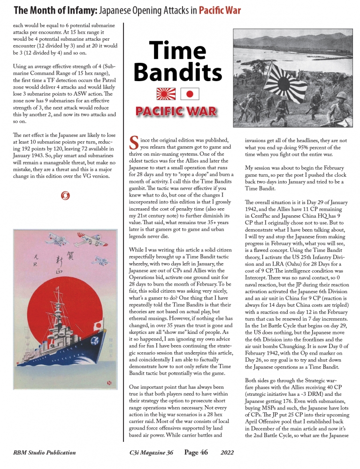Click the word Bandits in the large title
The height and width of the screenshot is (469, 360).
click(x=177, y=72)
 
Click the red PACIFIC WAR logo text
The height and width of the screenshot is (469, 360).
click(x=177, y=111)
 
